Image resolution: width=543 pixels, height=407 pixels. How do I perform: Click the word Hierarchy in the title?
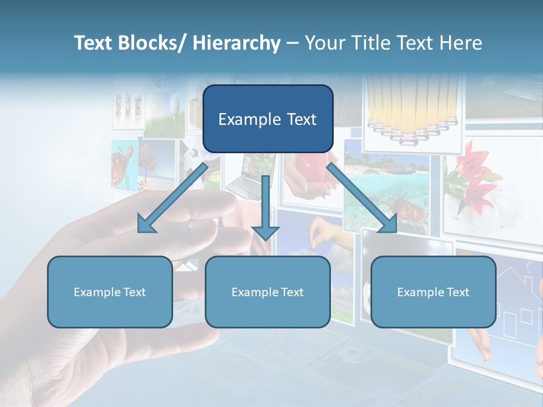(236, 43)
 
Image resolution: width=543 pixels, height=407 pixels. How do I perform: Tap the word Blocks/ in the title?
(152, 43)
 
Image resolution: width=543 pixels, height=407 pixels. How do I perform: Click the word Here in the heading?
(460, 43)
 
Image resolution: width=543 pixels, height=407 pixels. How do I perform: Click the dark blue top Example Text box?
(268, 119)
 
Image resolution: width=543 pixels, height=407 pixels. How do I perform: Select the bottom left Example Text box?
(110, 292)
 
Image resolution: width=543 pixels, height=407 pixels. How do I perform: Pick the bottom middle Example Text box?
(268, 292)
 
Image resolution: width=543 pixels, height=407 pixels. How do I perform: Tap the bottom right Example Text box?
(433, 292)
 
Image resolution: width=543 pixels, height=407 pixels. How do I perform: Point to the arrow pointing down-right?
(362, 198)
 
